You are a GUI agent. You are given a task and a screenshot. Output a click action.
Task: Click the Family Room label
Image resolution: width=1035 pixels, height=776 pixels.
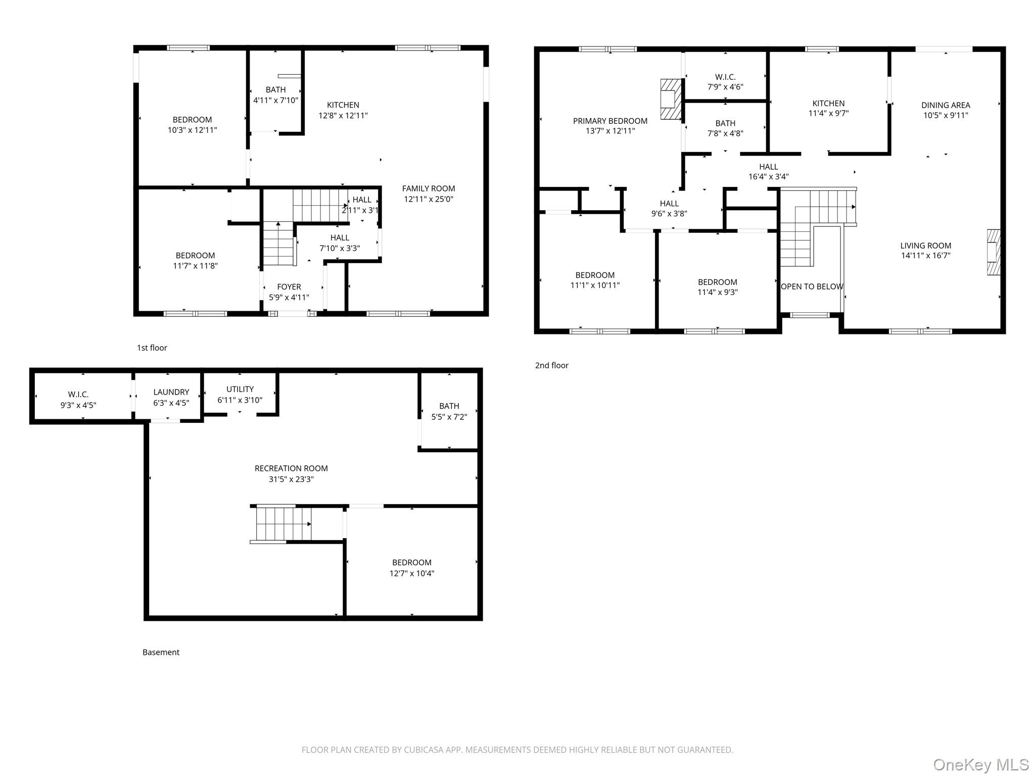429,188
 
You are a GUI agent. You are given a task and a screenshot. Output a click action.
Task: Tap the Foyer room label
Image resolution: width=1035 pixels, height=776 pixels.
289,286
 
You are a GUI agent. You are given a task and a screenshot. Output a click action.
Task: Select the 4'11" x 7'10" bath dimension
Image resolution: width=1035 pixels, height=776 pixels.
276,100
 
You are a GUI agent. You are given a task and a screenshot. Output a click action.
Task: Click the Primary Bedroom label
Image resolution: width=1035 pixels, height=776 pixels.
610,121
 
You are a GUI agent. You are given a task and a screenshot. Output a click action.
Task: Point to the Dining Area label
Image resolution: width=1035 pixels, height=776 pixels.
946,105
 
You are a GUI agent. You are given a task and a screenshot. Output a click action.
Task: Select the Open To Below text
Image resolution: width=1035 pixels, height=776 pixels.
812,286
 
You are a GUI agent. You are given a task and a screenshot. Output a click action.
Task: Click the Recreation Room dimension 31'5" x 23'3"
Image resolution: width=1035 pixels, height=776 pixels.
291,479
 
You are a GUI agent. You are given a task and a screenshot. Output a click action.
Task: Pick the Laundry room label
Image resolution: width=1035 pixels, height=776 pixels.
171,392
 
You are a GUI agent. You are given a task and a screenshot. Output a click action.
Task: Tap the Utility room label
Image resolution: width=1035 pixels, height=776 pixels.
240,389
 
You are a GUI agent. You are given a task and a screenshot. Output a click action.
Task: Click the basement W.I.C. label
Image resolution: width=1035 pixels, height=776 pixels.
78,394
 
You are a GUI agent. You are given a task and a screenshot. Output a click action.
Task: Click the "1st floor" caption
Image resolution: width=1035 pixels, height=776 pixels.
152,348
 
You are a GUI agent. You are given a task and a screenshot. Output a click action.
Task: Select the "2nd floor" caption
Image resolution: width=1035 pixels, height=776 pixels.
552,365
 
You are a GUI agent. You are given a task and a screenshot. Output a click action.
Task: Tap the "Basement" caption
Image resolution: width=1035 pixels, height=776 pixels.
161,652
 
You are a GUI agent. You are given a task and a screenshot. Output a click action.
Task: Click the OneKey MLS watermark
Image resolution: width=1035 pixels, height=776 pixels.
981,764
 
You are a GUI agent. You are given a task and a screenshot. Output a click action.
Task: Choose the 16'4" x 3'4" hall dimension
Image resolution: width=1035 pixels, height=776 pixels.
769,177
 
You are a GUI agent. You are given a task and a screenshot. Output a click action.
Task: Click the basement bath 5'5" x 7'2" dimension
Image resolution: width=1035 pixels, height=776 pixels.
449,417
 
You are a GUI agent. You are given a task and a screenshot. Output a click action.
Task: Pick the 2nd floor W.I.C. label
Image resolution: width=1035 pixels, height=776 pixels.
725,77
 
